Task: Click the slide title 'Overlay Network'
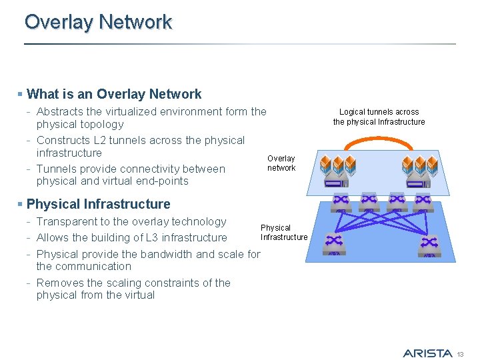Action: click(98, 22)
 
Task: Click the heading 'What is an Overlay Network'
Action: click(113, 94)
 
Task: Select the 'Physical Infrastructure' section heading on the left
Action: click(98, 204)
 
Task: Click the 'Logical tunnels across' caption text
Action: click(379, 112)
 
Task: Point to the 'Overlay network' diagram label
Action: click(281, 163)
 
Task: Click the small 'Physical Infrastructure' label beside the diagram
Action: click(284, 233)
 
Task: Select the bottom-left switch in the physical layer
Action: click(334, 243)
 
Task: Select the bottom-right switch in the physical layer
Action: click(428, 244)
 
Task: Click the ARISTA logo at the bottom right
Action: click(427, 353)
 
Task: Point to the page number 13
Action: click(459, 353)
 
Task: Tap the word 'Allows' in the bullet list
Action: click(53, 237)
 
